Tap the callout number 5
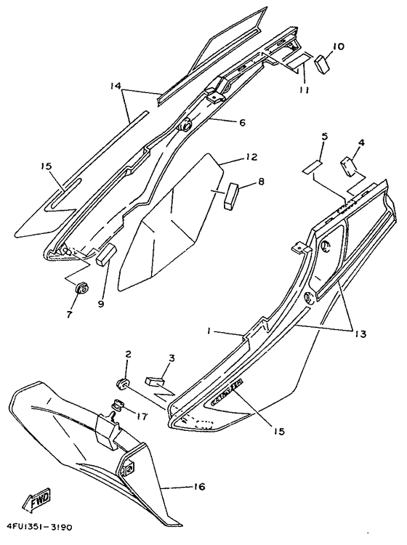(x=305, y=136)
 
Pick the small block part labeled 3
(x=156, y=378)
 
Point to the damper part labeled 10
(x=322, y=65)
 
